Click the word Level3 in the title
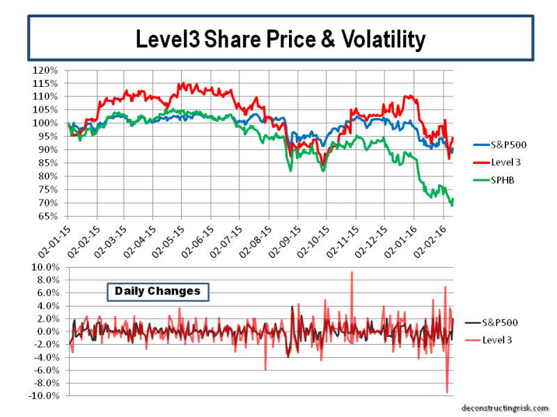[165, 40]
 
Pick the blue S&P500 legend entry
[502, 145]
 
